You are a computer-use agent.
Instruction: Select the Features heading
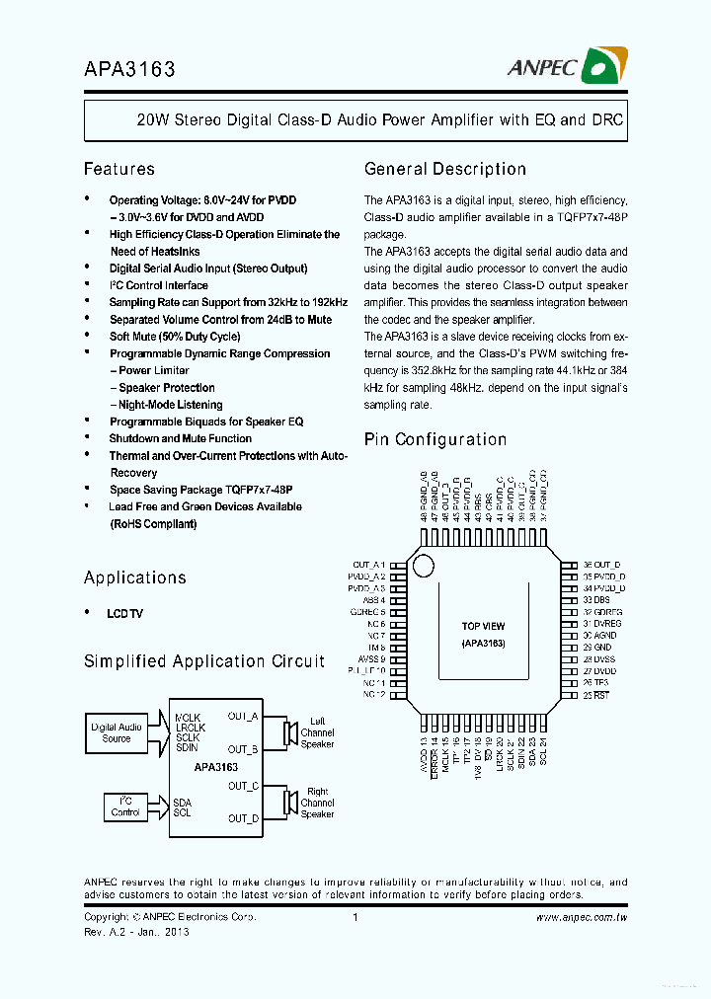tap(118, 169)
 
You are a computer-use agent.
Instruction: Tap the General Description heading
tap(444, 169)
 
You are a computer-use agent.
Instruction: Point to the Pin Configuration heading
tap(435, 439)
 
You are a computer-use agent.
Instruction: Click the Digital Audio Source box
tap(117, 732)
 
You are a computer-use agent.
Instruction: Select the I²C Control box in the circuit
tap(125, 807)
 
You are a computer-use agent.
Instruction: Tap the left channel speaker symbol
tap(290, 732)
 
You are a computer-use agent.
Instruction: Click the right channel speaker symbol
tap(290, 802)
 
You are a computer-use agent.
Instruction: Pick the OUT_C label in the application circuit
tap(243, 786)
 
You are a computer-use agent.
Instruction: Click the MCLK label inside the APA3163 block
tap(188, 717)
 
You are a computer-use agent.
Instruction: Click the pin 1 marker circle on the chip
tap(423, 567)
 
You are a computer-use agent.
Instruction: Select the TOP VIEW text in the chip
tap(483, 626)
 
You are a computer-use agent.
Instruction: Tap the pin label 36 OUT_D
tap(601, 564)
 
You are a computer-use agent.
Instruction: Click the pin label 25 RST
tap(594, 695)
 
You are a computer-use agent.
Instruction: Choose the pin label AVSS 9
tap(371, 658)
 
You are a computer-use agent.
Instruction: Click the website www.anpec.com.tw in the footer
tap(582, 917)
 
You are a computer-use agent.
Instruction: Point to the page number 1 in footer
tap(354, 917)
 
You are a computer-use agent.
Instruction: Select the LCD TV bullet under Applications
tap(124, 613)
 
